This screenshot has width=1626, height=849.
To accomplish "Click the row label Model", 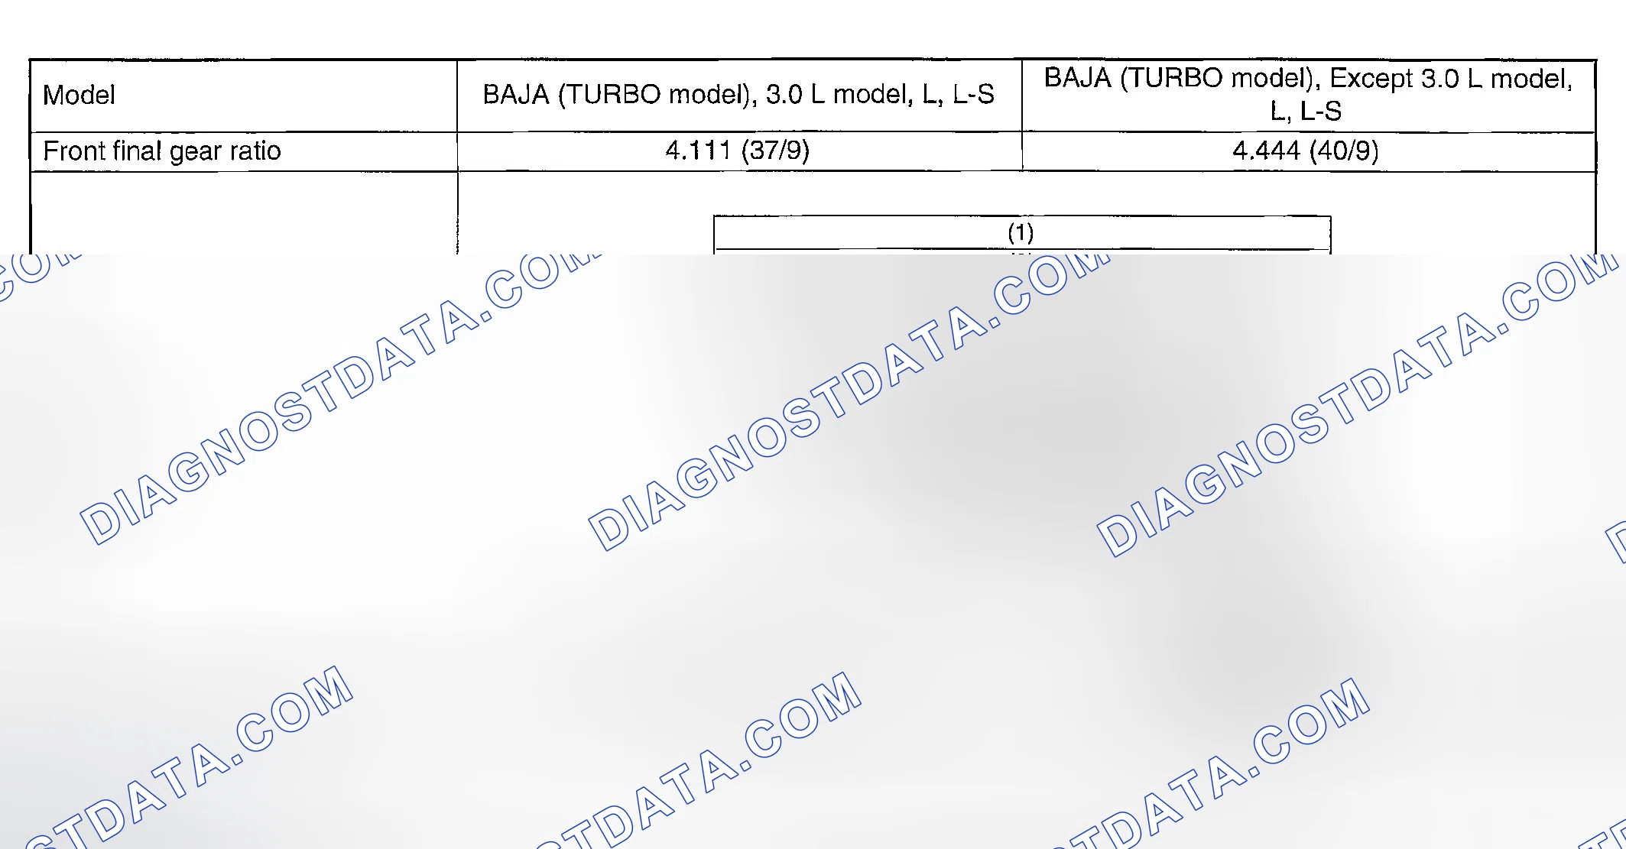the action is pos(79,95).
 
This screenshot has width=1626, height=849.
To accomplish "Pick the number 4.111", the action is pos(698,150).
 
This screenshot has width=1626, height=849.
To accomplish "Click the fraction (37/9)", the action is pos(774,150).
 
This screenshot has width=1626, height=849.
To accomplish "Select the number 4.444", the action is pos(1266,150).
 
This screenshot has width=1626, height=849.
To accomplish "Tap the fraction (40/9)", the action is pos(1344,150).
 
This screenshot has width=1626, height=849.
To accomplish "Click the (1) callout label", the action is pos(1021,232).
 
